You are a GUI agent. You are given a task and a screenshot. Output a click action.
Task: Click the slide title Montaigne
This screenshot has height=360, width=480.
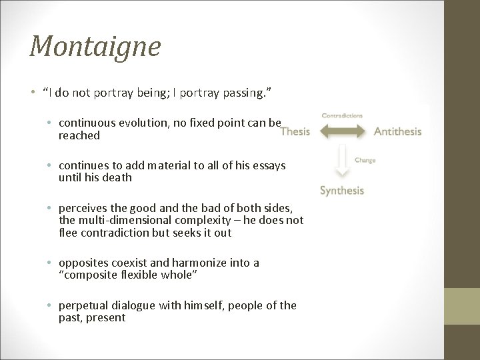pyautogui.click(x=95, y=47)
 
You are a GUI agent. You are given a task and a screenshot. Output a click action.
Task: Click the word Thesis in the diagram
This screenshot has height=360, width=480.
pyautogui.click(x=295, y=131)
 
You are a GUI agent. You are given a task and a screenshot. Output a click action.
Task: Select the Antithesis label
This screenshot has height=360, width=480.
pyautogui.click(x=397, y=131)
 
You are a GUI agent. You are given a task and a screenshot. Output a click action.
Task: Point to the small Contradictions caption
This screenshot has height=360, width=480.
pyautogui.click(x=342, y=115)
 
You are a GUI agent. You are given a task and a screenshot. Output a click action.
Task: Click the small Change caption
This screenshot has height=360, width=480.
pyautogui.click(x=365, y=160)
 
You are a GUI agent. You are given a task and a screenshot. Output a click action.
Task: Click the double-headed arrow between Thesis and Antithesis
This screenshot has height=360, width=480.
pyautogui.click(x=342, y=131)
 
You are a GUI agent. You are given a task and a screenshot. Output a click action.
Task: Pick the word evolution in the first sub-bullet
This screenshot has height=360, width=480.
pyautogui.click(x=141, y=123)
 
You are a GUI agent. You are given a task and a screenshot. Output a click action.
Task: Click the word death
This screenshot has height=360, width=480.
pyautogui.click(x=117, y=177)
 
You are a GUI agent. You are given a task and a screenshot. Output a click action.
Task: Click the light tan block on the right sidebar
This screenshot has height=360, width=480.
pyautogui.click(x=461, y=306)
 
